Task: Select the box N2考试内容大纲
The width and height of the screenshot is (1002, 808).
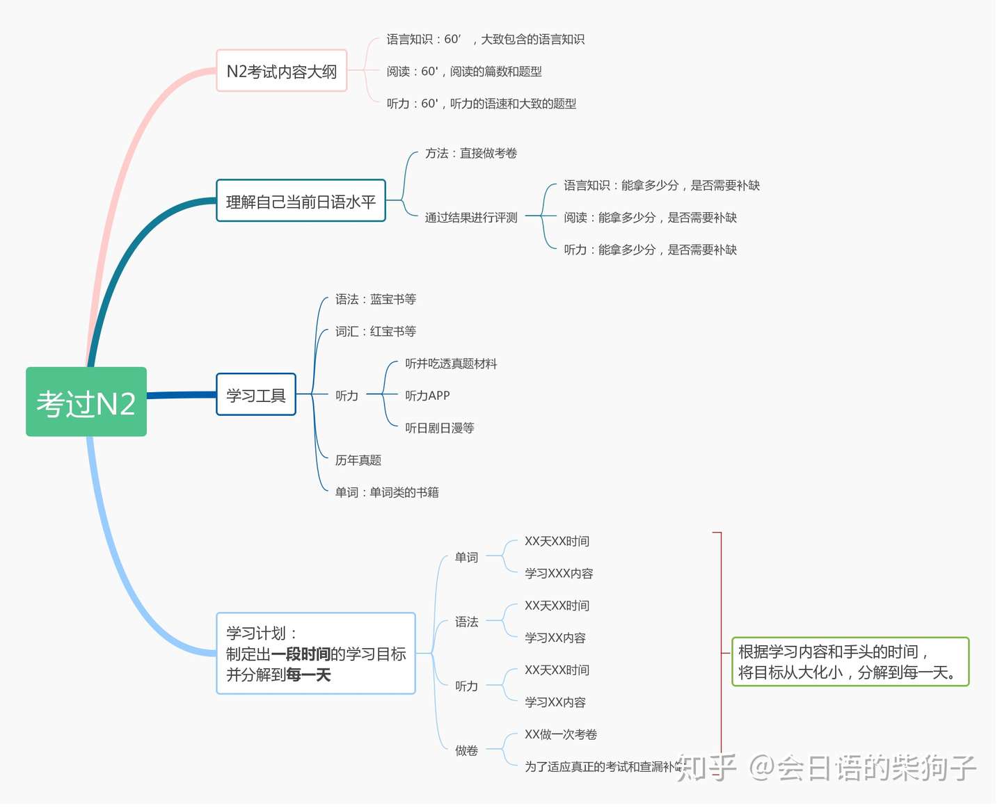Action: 282,71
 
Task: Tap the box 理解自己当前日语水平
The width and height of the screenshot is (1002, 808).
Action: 301,202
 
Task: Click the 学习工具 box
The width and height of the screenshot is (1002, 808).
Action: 256,395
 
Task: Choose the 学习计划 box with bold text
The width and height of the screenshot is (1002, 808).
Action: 316,654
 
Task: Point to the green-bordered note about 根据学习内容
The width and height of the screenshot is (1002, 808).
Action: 850,662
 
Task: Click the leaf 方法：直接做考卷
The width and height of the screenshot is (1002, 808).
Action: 471,153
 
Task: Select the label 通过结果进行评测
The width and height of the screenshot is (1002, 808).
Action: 471,218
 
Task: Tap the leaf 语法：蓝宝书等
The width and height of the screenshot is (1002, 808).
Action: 376,299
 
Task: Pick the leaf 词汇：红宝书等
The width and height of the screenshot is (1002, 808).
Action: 376,332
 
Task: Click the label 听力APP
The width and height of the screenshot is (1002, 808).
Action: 427,396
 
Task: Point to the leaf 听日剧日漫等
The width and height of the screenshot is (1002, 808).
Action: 440,428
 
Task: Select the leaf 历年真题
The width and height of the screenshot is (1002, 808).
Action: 358,460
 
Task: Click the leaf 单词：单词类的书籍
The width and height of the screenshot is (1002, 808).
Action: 387,492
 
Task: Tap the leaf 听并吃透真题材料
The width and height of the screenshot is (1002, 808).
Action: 451,364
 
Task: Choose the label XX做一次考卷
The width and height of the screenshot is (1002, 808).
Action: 561,734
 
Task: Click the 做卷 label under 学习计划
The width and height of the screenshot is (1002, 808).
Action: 466,750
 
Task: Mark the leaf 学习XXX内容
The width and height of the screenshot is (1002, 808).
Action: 559,574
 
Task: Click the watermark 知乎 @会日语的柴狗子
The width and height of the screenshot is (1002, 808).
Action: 827,768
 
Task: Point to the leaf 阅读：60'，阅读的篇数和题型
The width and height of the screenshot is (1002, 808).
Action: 464,72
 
